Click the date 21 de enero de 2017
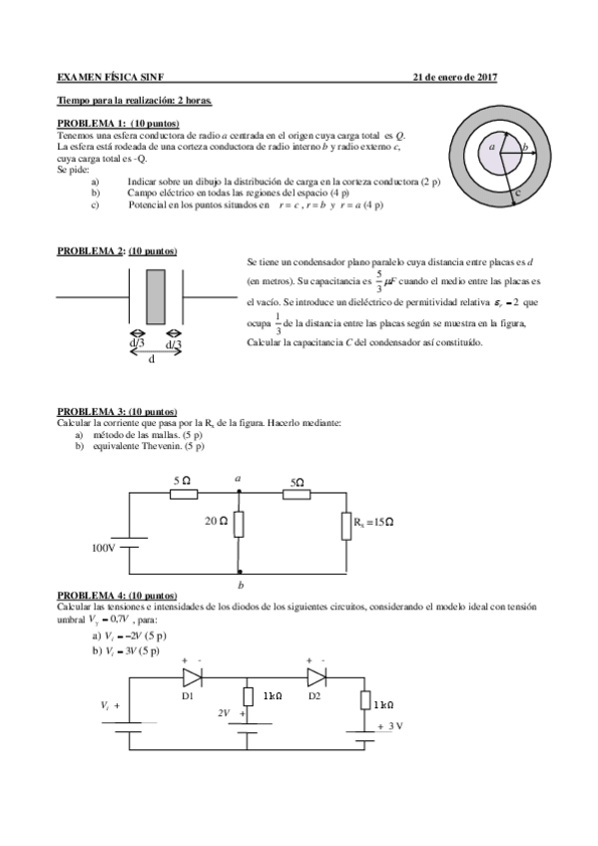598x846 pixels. click(x=455, y=77)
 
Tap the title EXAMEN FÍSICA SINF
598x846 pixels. click(x=116, y=77)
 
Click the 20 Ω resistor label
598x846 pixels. click(x=218, y=520)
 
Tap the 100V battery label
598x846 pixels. click(x=105, y=548)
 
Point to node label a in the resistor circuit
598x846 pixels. click(x=238, y=479)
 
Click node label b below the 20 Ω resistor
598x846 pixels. click(x=241, y=585)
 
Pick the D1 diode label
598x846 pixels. click(x=188, y=695)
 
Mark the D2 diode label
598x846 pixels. click(x=314, y=695)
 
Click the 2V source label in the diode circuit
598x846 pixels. click(x=224, y=713)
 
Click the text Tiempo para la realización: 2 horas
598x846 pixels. click(x=134, y=101)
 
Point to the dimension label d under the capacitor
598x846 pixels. click(x=151, y=360)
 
